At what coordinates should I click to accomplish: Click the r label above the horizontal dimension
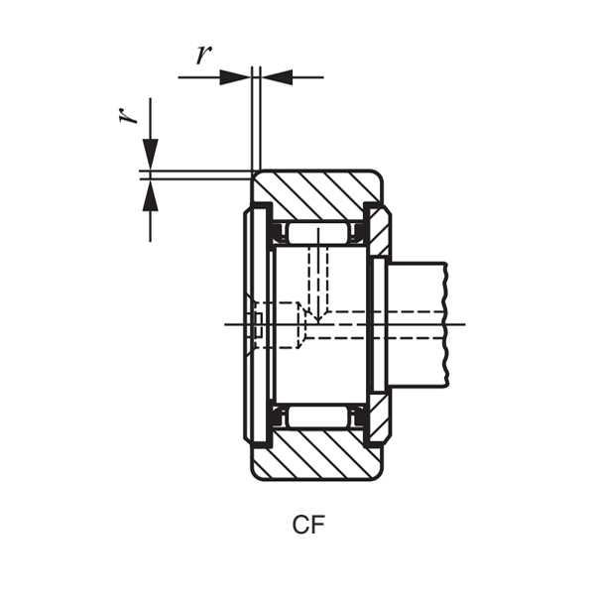click(203, 56)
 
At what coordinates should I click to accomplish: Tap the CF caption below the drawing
click(308, 526)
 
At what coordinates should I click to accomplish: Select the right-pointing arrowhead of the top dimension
click(236, 77)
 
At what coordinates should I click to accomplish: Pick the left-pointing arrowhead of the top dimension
click(277, 77)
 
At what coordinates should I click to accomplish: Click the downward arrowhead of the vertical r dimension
click(151, 154)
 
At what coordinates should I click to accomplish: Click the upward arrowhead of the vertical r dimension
click(151, 195)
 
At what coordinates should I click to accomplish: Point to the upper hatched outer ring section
click(317, 194)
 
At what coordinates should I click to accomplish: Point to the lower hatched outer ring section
click(317, 455)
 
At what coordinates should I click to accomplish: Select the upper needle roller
click(317, 234)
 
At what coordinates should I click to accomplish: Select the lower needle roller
click(317, 416)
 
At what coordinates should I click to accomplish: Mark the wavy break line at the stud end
click(446, 324)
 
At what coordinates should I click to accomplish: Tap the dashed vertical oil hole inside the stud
click(317, 273)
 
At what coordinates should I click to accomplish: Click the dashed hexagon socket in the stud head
click(278, 325)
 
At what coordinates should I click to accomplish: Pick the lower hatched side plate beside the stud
click(379, 420)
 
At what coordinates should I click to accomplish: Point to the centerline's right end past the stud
click(461, 324)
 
